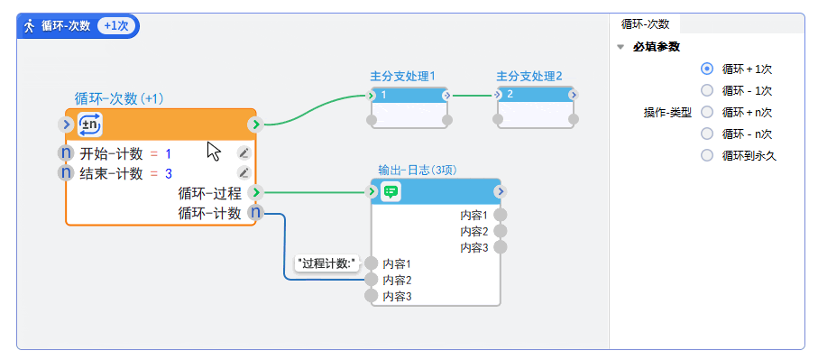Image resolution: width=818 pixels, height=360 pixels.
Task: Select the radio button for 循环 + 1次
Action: [x=707, y=69]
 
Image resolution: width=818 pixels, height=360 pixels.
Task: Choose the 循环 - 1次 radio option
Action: [x=707, y=90]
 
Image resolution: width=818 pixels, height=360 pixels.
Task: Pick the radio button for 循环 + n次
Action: [x=707, y=112]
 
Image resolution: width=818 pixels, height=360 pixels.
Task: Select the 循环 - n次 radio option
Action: [x=707, y=134]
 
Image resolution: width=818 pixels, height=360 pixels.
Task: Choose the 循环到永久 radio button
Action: [x=707, y=155]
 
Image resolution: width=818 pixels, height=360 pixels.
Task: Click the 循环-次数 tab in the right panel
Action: [x=645, y=24]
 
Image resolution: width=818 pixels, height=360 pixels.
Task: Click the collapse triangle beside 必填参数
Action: [x=620, y=47]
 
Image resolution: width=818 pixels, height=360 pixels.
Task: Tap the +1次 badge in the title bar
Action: [x=115, y=25]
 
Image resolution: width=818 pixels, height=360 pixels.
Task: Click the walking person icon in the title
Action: [x=29, y=25]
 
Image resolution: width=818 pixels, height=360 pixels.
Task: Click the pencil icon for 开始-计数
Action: [x=244, y=153]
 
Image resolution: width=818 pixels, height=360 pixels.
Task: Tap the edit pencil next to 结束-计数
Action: [x=244, y=172]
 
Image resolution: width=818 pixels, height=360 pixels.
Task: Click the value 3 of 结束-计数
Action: [x=169, y=172]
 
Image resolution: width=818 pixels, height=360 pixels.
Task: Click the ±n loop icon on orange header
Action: [x=90, y=125]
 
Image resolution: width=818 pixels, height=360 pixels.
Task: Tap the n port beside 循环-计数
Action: [x=255, y=213]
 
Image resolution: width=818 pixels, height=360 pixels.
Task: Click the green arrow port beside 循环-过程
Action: [x=255, y=192]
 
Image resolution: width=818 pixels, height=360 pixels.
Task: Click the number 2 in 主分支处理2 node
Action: [x=510, y=95]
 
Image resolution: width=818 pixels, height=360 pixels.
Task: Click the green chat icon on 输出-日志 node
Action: [x=391, y=191]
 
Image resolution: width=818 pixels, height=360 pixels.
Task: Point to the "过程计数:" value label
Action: [x=327, y=263]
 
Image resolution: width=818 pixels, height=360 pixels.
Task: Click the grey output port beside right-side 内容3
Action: [x=501, y=246]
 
